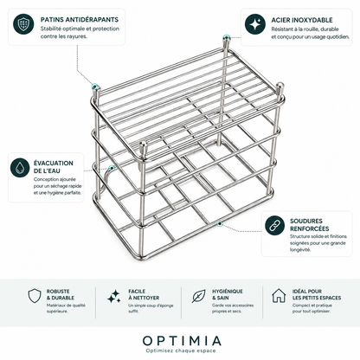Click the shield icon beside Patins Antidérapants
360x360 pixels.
(x=23, y=24)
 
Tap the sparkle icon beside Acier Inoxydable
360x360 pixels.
(x=255, y=24)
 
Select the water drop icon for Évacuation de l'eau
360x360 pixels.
(x=20, y=167)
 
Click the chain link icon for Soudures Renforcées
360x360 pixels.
(x=274, y=225)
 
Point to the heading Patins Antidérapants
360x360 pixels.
(x=80, y=20)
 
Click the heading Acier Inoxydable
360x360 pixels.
(x=302, y=20)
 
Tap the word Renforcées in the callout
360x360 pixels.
(x=310, y=228)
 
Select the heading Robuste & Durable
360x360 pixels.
(x=61, y=294)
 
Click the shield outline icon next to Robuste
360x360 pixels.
(x=35, y=295)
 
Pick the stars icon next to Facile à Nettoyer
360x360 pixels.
(x=114, y=296)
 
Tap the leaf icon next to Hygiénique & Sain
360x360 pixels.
(x=199, y=296)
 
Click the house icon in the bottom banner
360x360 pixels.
(x=279, y=295)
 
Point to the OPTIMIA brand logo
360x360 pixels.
(x=182, y=341)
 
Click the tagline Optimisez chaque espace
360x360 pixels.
(x=181, y=350)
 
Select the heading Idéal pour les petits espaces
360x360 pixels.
(x=317, y=294)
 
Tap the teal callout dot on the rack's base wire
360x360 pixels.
(x=220, y=223)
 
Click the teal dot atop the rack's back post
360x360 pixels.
(x=227, y=37)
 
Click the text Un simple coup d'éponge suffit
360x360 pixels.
(x=151, y=308)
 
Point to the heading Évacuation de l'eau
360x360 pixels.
(x=54, y=167)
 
